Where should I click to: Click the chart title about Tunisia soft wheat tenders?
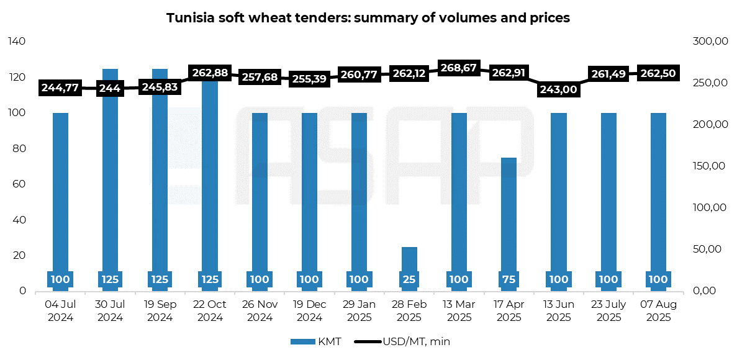[x=368, y=18]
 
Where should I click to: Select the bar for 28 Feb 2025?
[x=409, y=268]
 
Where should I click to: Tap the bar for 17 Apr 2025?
[x=509, y=224]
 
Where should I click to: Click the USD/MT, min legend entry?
[x=401, y=341]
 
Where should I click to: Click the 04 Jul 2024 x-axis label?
[x=60, y=310]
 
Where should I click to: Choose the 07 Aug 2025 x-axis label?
[x=659, y=311]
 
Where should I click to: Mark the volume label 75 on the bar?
[x=509, y=280]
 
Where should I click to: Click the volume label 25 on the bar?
[x=409, y=280]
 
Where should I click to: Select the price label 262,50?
[x=659, y=73]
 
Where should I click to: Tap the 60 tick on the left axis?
[x=19, y=184]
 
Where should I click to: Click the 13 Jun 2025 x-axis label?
[x=559, y=310]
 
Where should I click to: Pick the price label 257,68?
[x=260, y=76]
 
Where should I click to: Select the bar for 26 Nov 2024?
[x=260, y=202]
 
